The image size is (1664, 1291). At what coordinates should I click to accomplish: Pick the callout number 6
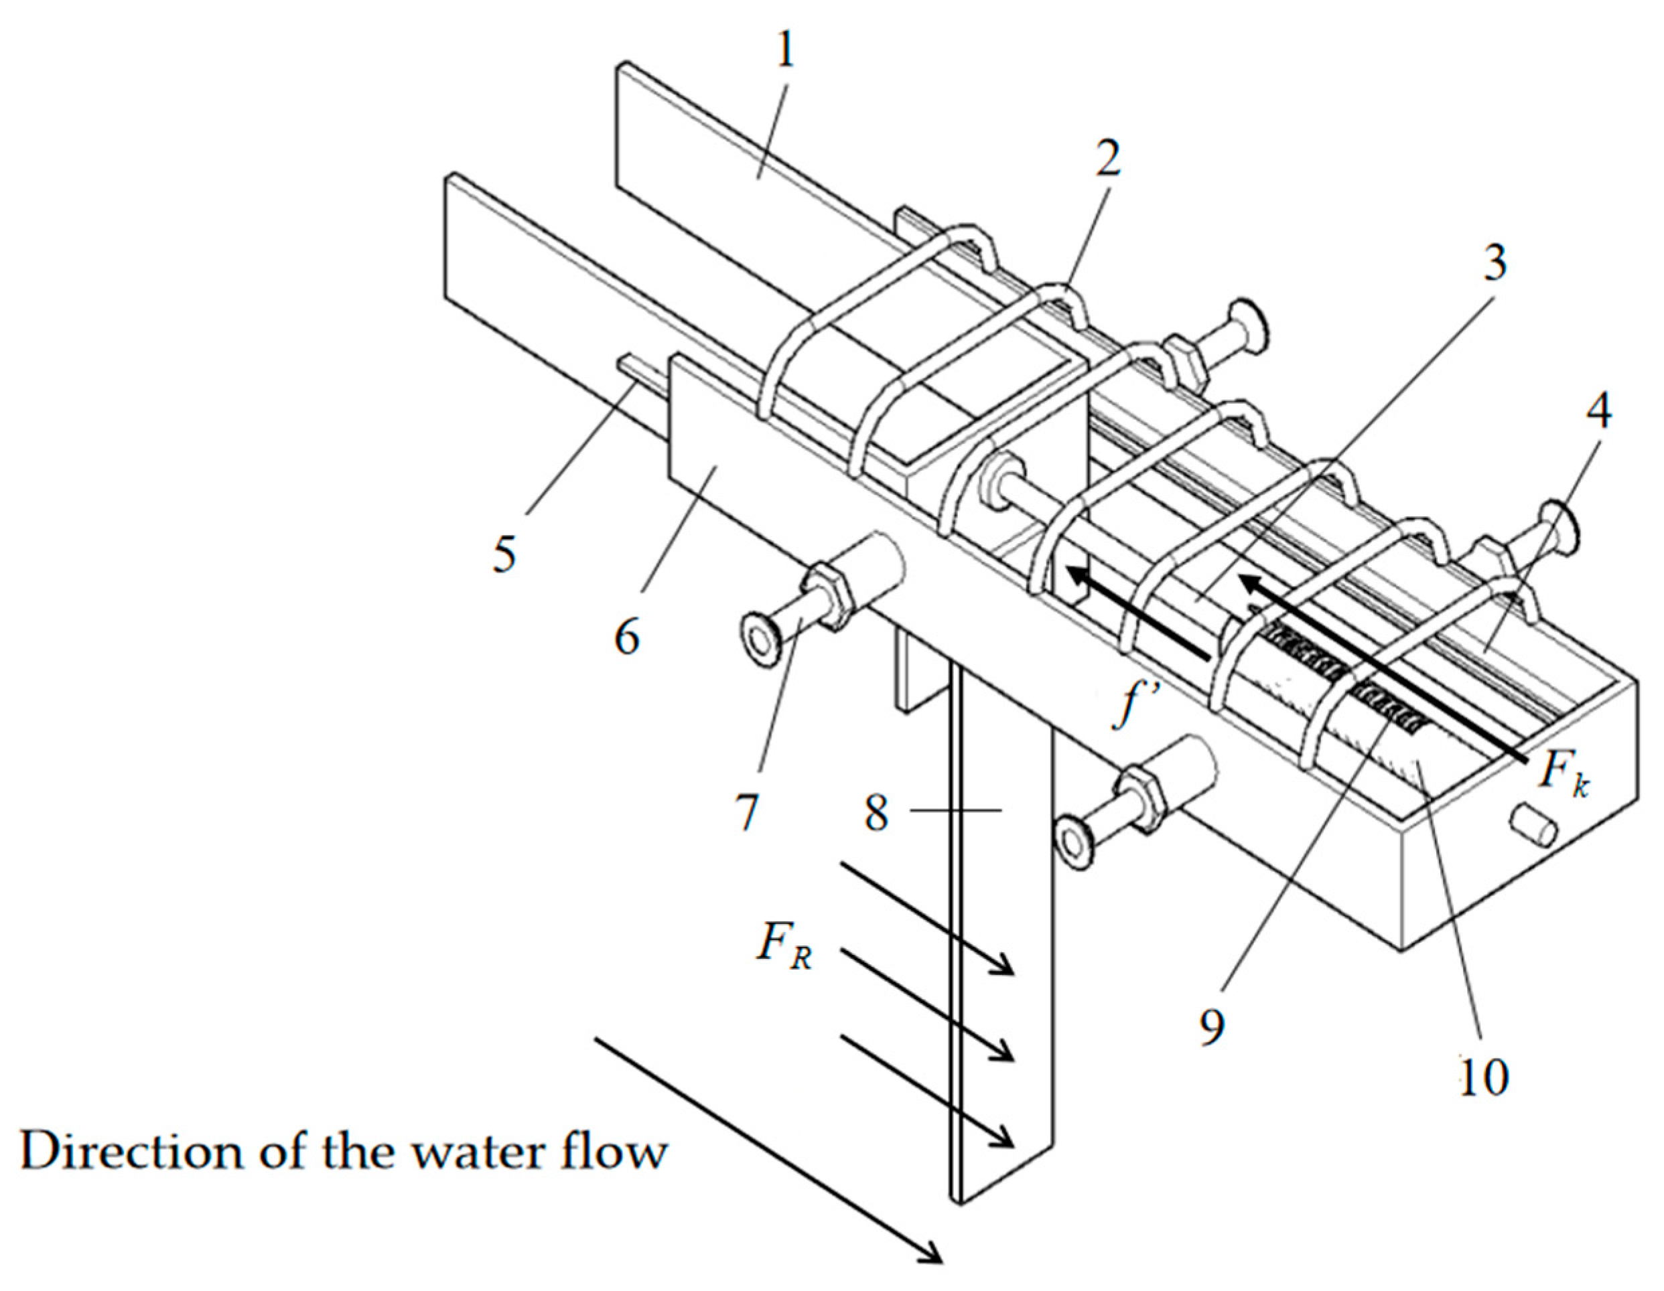(626, 636)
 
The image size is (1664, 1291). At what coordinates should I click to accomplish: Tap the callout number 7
(747, 813)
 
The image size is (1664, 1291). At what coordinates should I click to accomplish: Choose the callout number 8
(876, 813)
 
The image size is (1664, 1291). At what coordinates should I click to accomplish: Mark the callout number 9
(1210, 1026)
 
